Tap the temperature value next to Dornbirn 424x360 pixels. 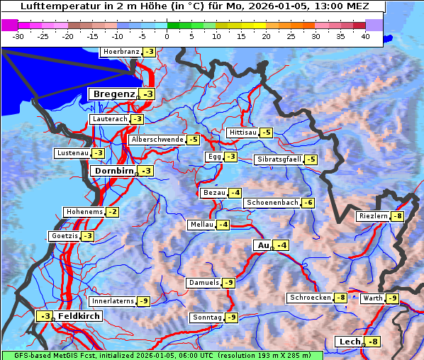coord(146,171)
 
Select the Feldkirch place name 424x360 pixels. coord(79,316)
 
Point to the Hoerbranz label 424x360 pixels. coord(121,52)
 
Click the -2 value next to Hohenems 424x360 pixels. coord(113,212)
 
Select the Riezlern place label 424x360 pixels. coord(374,215)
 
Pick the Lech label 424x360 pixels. coord(350,342)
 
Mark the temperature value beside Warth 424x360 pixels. coord(393,298)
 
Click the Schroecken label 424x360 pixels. coord(310,298)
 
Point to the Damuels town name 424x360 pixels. coord(203,283)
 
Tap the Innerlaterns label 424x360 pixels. coord(113,301)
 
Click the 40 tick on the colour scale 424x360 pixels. coord(365,35)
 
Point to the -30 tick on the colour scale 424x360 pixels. coord(18,35)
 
